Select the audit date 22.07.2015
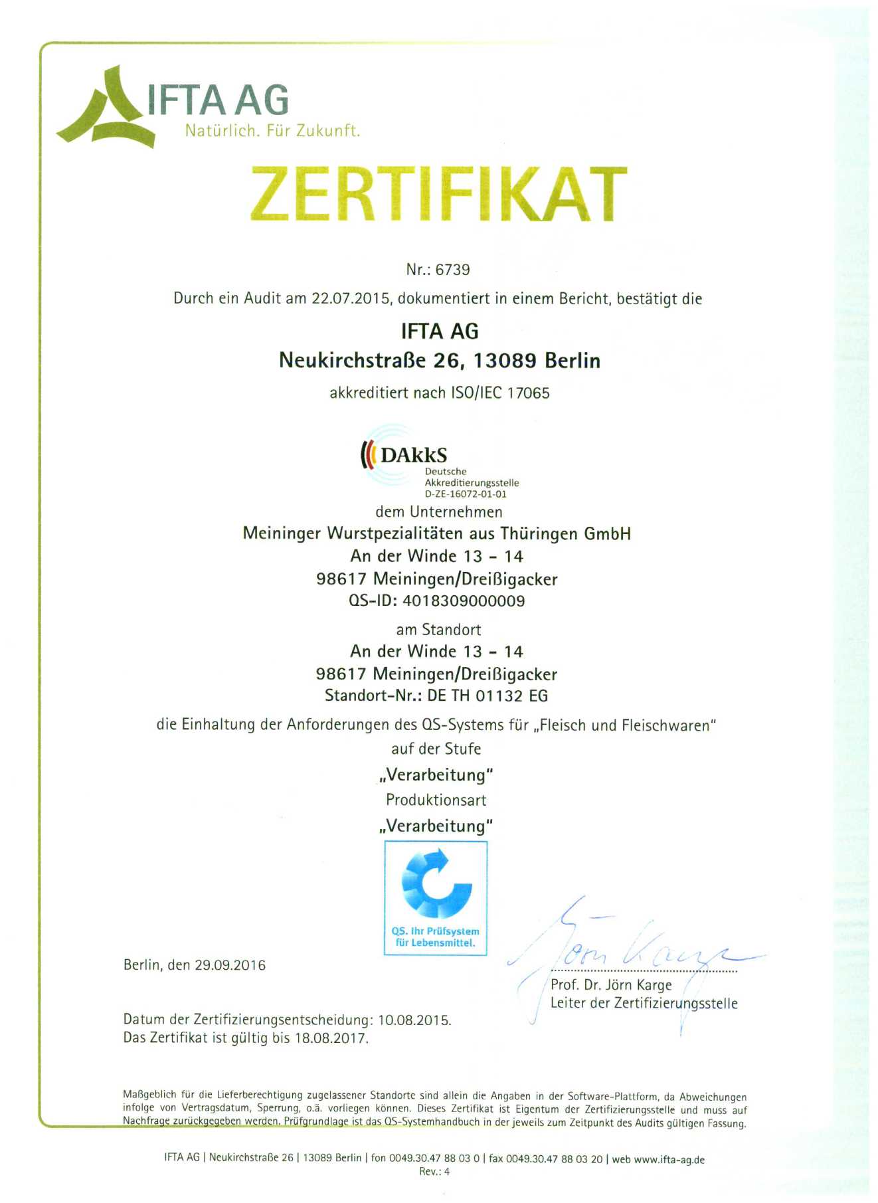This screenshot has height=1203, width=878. click(351, 298)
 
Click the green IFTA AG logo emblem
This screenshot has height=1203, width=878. click(108, 108)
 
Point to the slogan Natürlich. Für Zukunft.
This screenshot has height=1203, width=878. click(272, 131)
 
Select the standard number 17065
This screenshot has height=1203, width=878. click(529, 393)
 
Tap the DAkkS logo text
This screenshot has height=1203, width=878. click(413, 456)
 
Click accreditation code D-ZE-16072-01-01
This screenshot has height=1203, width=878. click(466, 494)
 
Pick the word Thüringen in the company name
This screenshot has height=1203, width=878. click(539, 534)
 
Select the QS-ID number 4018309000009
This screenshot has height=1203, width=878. click(464, 601)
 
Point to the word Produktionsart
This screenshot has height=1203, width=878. click(436, 800)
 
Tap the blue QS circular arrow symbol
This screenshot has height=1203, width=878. click(436, 883)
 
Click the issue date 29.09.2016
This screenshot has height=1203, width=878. click(230, 965)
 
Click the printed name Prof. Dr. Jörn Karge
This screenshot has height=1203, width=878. click(611, 985)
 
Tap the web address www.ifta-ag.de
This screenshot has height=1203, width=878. click(669, 1160)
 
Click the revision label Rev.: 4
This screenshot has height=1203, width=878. click(434, 1172)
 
